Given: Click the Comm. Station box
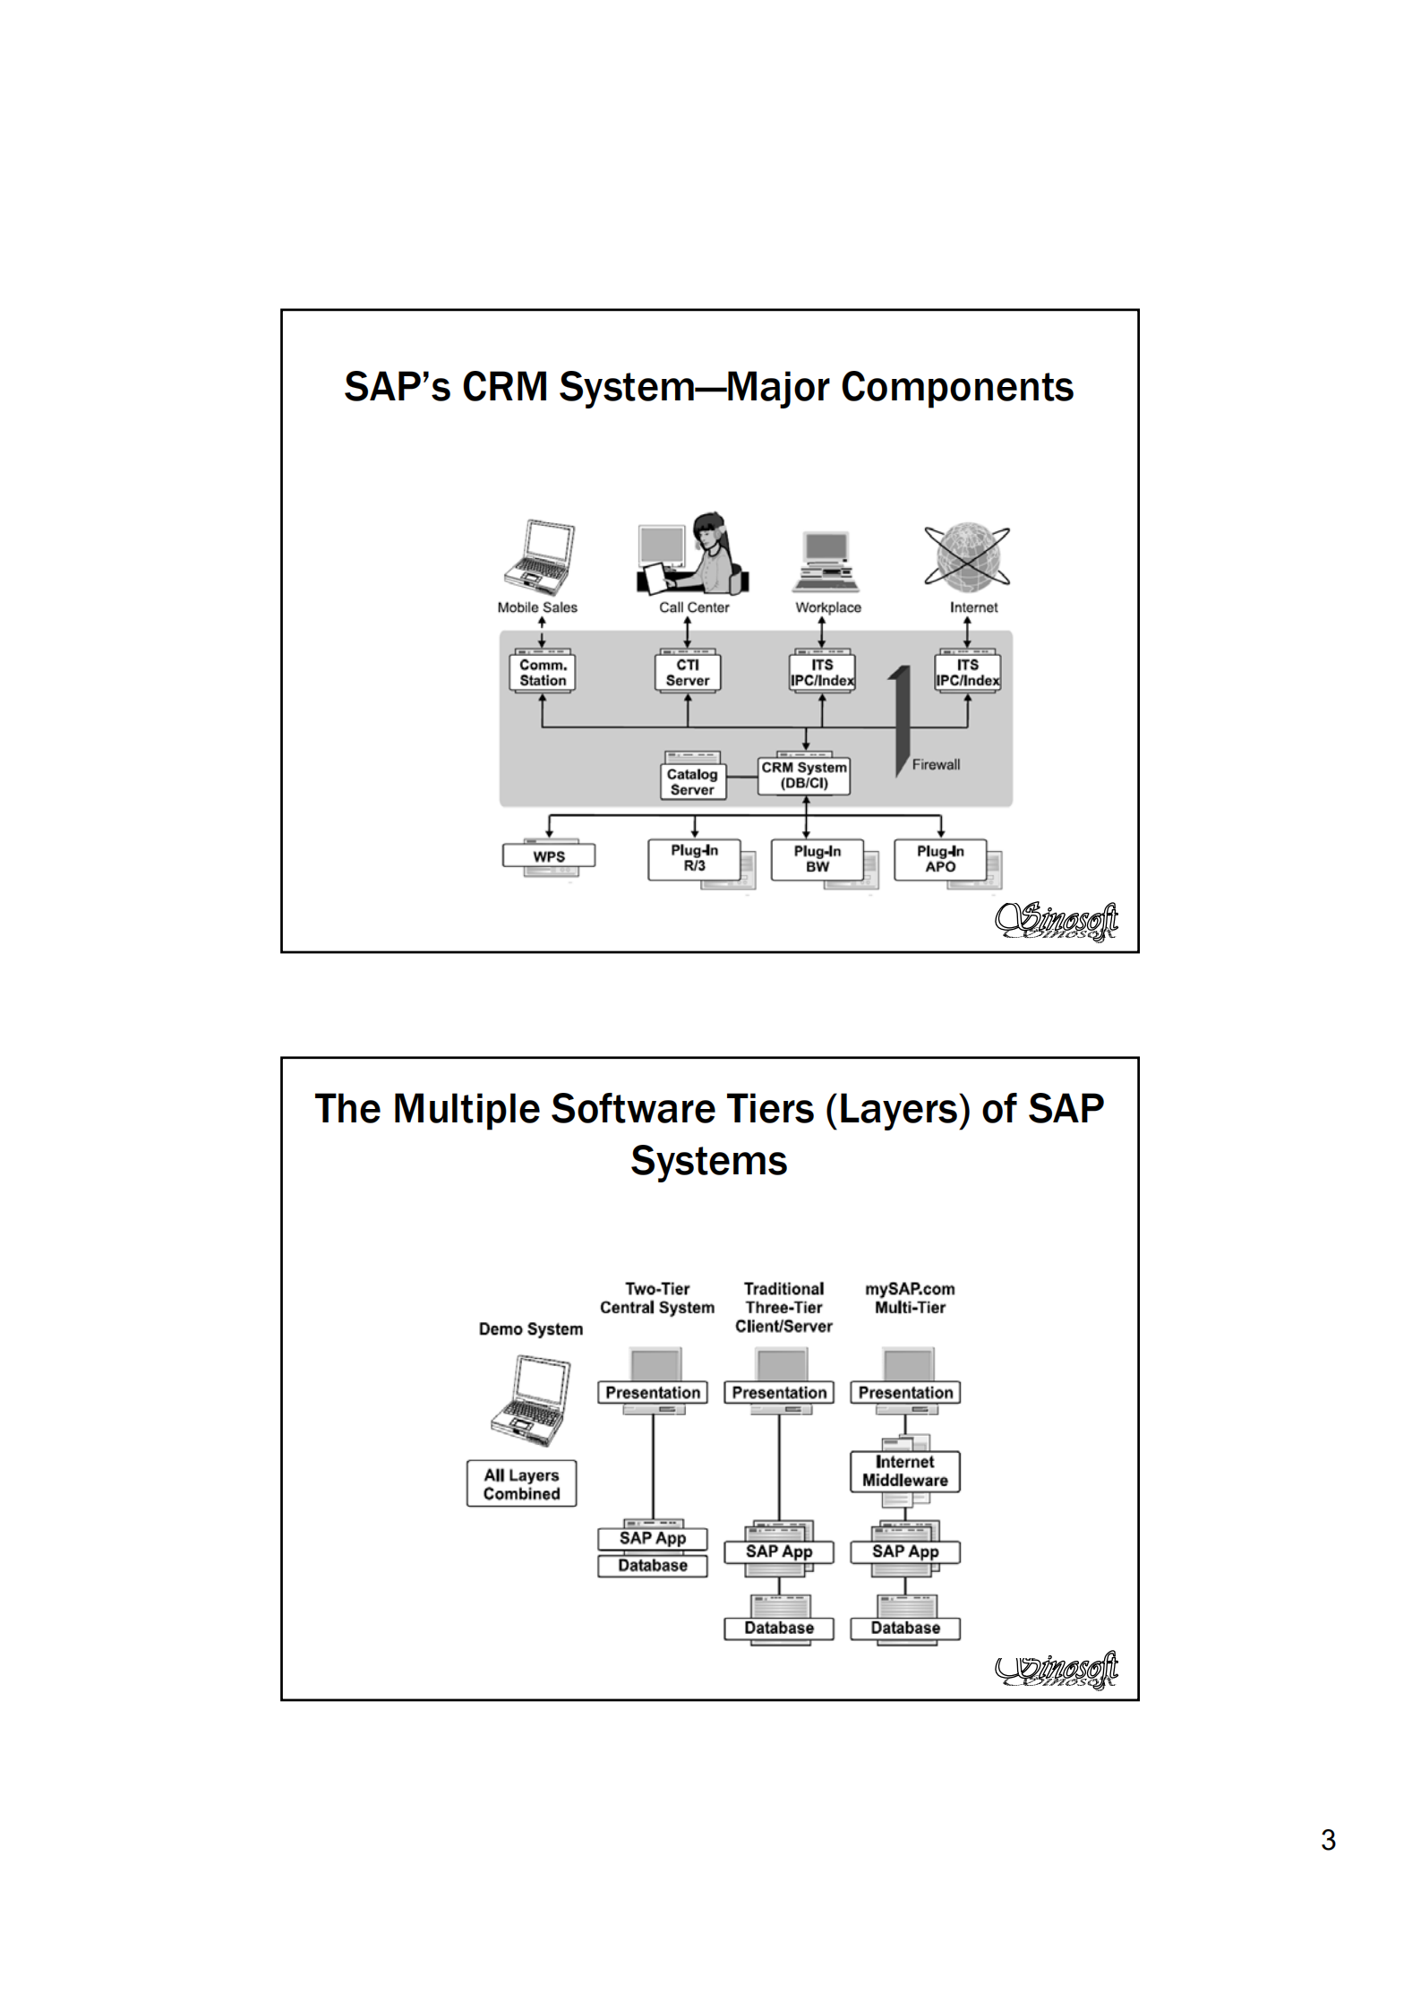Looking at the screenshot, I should (x=543, y=673).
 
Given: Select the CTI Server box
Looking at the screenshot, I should (x=688, y=673).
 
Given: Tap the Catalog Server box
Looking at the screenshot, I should (x=692, y=782).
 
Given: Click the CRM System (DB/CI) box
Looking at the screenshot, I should (x=804, y=776).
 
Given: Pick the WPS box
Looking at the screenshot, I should (x=549, y=856).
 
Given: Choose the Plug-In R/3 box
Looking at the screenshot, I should (x=694, y=858).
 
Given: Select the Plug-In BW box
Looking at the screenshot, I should (x=817, y=859).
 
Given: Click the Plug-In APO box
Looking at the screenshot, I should (x=940, y=859).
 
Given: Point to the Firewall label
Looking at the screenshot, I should (x=936, y=764).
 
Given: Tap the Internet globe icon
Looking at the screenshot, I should (x=967, y=556).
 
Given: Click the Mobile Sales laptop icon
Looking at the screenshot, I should (x=539, y=557).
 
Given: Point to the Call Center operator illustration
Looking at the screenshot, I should (x=693, y=554).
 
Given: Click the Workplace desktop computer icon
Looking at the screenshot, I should (x=826, y=562).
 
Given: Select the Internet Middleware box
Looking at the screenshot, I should (x=904, y=1472).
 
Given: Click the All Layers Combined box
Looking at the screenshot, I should (x=521, y=1484).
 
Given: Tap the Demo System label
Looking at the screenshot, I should (x=530, y=1329).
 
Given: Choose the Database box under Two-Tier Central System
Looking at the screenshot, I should (x=653, y=1566).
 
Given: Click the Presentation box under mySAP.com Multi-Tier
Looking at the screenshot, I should (x=905, y=1393).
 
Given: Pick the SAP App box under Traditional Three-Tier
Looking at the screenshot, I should (x=779, y=1551).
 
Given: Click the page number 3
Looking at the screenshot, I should (x=1328, y=1840).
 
